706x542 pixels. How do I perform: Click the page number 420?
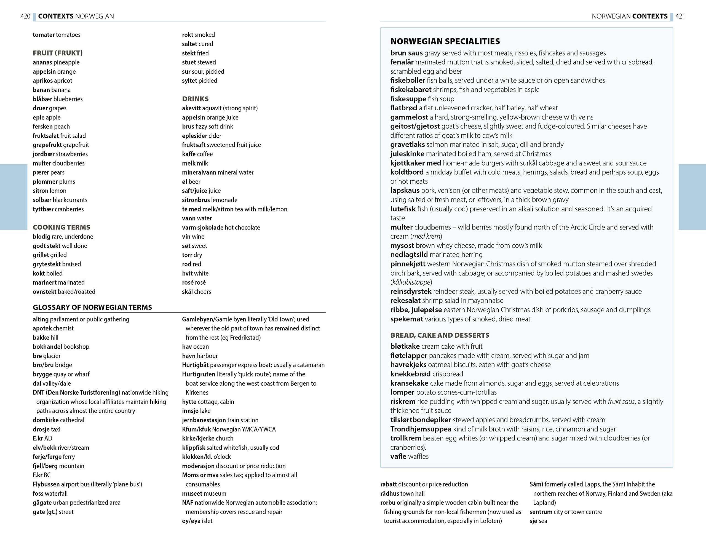point(25,16)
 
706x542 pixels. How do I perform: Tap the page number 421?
point(680,16)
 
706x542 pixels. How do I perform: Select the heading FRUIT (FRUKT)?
point(57,53)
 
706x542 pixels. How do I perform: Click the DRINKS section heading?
point(195,99)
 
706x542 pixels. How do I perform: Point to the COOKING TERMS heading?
point(61,227)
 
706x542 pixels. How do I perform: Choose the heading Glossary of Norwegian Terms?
point(92,307)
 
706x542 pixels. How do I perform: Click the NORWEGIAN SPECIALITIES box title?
point(445,41)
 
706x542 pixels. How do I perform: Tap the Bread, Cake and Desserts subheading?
point(440,335)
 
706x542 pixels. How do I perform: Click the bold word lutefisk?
point(403,209)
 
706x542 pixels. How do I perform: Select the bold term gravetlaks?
point(407,145)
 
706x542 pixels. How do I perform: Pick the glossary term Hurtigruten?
point(198,374)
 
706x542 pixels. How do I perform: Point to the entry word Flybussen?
point(46,484)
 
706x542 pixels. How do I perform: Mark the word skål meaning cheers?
point(187,292)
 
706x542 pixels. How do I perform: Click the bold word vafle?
point(398,456)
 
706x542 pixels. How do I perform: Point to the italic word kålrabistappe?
point(411,282)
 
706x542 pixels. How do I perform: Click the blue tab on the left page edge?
point(14,197)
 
